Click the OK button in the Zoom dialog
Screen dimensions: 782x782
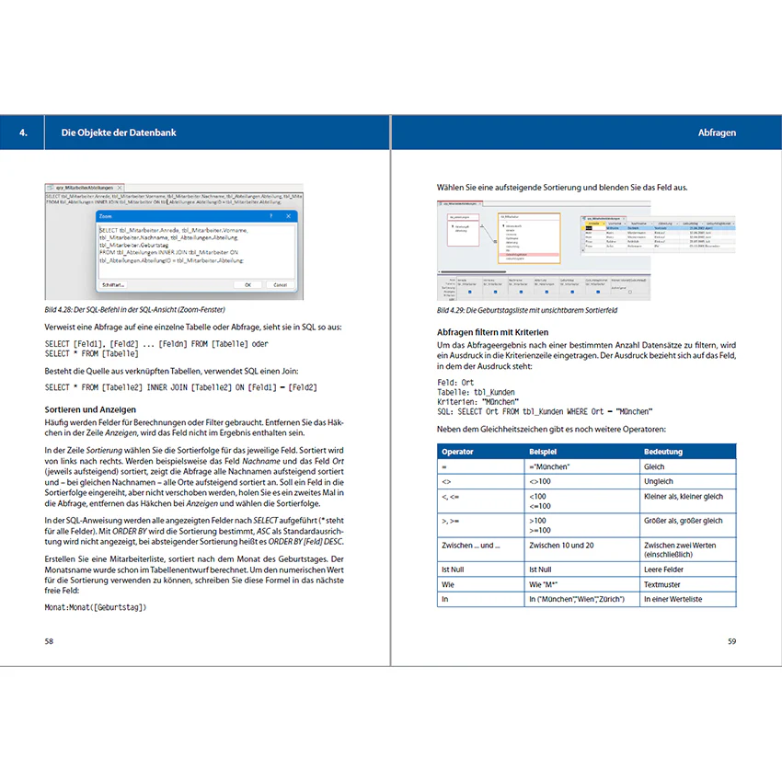click(x=247, y=285)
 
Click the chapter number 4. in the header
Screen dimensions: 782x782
click(x=23, y=133)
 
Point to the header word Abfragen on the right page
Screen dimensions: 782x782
click(x=717, y=133)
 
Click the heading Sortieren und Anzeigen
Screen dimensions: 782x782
click(x=91, y=408)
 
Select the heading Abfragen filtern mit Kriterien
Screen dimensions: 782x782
click(x=492, y=331)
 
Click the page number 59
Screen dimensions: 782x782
click(x=731, y=641)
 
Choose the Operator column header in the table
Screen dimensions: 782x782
click(x=457, y=452)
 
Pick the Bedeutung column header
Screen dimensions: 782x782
click(x=662, y=452)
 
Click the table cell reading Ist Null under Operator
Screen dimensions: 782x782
click(x=454, y=569)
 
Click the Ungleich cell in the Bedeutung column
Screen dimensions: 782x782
click(x=659, y=481)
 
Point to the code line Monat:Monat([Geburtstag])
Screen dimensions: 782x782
click(x=96, y=607)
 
